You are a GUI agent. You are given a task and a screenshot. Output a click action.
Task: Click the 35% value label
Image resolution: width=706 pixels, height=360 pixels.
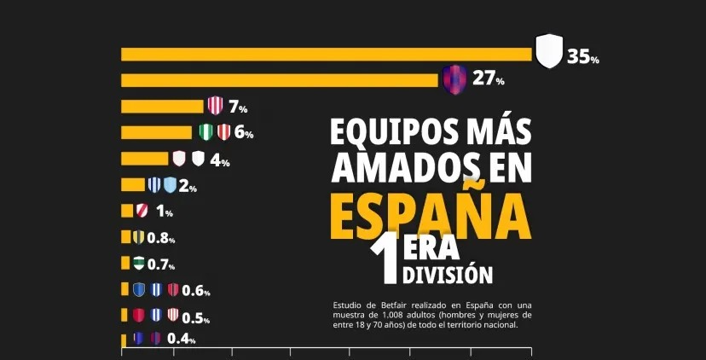click(x=583, y=57)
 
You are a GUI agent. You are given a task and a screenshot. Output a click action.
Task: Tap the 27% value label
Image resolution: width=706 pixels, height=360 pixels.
click(x=488, y=79)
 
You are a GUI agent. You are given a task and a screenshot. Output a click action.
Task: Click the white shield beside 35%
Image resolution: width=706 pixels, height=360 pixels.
click(x=549, y=51)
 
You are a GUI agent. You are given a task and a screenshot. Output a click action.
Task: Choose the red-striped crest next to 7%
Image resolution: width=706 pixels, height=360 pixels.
click(x=216, y=107)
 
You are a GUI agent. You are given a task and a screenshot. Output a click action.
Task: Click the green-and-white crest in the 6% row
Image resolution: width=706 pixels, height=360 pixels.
click(x=205, y=132)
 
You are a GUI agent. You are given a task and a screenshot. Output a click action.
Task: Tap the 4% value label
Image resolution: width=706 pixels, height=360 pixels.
click(x=220, y=160)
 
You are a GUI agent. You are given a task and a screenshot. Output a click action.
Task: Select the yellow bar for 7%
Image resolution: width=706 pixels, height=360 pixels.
click(x=162, y=107)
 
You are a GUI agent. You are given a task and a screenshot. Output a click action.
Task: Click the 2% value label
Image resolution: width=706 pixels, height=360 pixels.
click(x=188, y=187)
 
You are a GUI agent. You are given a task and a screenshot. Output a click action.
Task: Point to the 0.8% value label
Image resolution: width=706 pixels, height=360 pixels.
click(x=160, y=239)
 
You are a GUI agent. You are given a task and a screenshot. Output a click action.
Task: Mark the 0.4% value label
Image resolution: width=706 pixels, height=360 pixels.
click(x=181, y=339)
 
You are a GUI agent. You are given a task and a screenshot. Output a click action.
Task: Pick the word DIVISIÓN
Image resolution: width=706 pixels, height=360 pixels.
click(x=447, y=275)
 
